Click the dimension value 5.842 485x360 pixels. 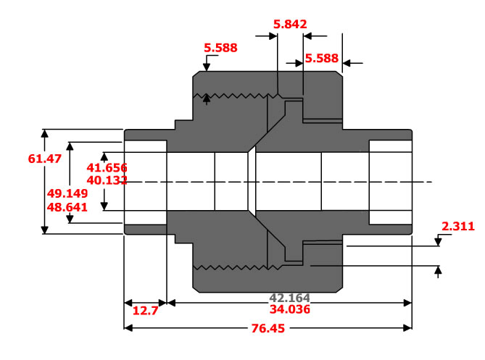(290, 24)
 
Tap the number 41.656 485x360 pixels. (107, 167)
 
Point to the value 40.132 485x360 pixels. (107, 180)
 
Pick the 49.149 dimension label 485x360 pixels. (67, 193)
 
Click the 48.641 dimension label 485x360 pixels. (67, 206)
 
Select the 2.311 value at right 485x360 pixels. (457, 227)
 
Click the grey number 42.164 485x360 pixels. (290, 298)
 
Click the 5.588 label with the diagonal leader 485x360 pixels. (221, 48)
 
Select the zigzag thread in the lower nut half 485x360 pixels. (232, 267)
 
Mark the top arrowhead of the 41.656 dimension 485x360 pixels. (104, 156)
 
